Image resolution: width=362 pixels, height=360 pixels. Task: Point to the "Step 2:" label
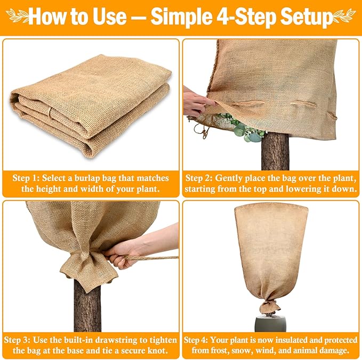click(203, 177)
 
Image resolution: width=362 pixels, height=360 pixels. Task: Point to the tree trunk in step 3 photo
click(88, 304)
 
